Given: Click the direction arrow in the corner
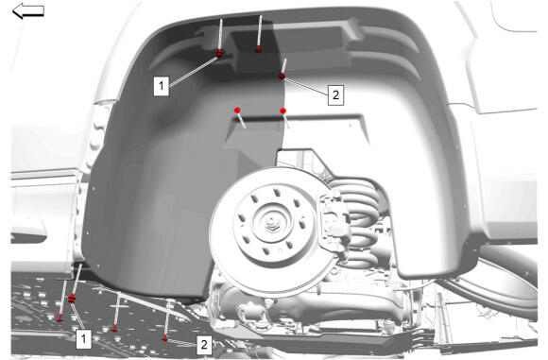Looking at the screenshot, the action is tap(28, 10).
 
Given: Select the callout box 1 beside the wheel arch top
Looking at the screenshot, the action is tap(162, 86).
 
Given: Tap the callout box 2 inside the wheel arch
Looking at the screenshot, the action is tap(335, 94).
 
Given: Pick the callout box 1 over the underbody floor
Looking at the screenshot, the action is tap(83, 338).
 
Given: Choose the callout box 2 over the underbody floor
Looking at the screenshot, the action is tap(204, 345).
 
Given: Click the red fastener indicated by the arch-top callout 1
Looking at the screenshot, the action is tap(220, 54).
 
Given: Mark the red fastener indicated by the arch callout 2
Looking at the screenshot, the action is tap(282, 77).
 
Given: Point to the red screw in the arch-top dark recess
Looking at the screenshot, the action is tap(258, 50).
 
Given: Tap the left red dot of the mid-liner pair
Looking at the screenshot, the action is tap(237, 111).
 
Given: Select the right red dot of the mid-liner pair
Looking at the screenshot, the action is tap(283, 111).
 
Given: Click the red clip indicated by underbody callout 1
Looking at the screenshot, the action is tap(72, 299).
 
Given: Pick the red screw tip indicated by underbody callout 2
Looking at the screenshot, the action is tap(165, 338).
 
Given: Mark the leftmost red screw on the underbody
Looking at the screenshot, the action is tap(60, 318).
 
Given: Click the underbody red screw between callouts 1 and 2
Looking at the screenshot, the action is tap(114, 328).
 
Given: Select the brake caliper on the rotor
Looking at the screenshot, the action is tap(334, 218).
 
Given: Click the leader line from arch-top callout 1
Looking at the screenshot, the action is tap(194, 71).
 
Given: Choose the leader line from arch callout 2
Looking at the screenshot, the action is tap(306, 86).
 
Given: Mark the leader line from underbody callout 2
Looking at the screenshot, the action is tap(181, 342).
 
